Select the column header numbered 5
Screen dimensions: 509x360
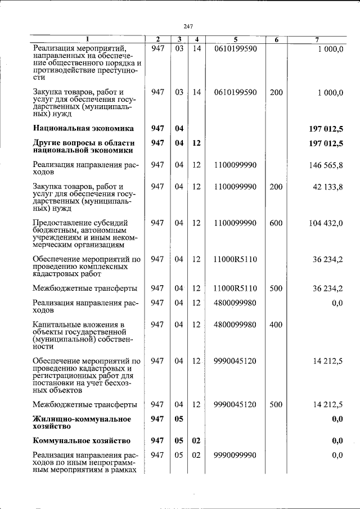coord(236,39)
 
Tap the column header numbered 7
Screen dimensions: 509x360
coord(318,39)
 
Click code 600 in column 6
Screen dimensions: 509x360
coord(276,223)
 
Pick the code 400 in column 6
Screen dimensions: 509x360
coord(276,325)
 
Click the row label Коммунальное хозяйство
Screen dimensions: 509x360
coord(82,440)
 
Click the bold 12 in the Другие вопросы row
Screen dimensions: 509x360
coord(196,143)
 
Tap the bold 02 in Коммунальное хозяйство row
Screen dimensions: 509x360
coord(196,440)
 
